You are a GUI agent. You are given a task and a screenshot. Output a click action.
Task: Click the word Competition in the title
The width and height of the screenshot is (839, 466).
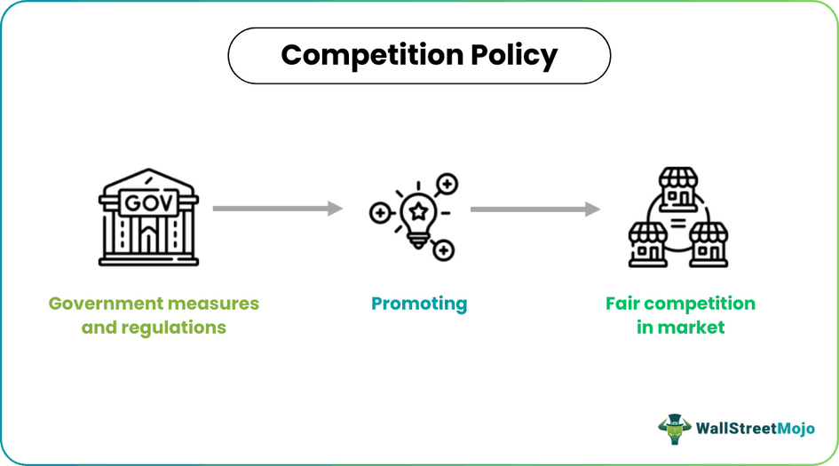365,55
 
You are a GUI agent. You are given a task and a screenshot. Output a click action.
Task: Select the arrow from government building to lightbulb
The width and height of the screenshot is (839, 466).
277,209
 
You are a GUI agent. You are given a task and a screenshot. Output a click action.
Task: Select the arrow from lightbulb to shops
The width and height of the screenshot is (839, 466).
534,209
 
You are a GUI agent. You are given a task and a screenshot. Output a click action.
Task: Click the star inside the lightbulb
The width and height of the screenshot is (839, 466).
418,209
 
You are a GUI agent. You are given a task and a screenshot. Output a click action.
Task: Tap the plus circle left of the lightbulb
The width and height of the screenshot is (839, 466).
379,213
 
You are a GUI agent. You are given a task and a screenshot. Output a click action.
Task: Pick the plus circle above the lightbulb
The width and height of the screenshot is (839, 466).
447,185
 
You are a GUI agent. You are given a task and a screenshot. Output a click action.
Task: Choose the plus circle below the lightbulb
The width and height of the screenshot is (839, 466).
443,250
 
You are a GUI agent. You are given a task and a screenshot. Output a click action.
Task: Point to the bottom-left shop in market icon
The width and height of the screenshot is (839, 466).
648,243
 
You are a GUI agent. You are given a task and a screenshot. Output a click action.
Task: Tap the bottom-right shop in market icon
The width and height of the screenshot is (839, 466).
708,243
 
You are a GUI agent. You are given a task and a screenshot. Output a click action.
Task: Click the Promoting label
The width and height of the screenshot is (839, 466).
419,304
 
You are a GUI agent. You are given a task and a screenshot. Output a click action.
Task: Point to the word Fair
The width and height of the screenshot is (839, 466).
622,304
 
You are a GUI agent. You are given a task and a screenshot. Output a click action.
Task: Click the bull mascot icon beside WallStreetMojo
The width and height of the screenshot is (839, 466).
675,427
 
